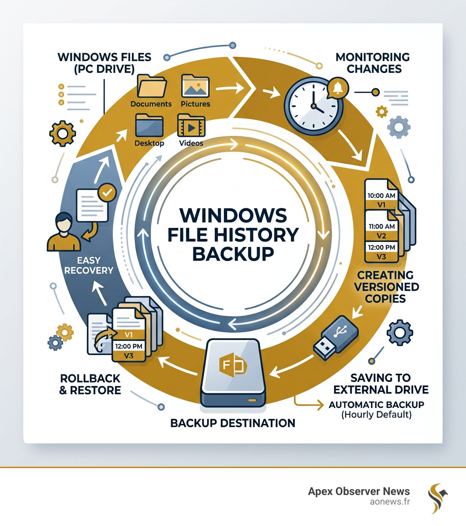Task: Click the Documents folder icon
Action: [151, 87]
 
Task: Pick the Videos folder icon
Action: [191, 125]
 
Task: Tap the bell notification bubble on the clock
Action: [337, 88]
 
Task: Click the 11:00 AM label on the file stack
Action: [382, 226]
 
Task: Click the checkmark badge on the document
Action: [107, 193]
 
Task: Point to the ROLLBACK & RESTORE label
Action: [90, 384]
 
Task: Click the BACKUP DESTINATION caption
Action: [233, 423]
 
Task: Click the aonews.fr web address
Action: [390, 501]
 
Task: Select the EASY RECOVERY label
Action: [89, 265]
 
